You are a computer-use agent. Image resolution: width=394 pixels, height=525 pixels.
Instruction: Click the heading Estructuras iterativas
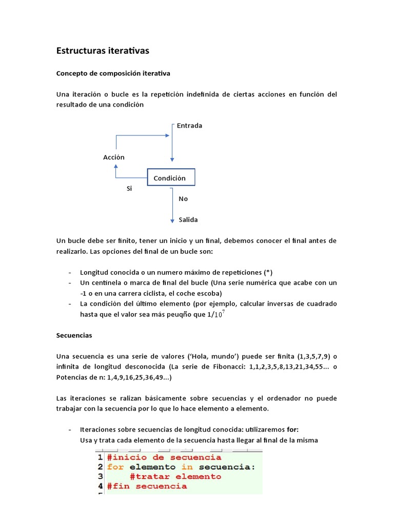click(102, 51)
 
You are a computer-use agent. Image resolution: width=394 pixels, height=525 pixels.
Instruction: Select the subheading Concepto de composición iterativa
click(113, 74)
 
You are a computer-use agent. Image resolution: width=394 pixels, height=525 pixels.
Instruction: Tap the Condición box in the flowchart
click(171, 177)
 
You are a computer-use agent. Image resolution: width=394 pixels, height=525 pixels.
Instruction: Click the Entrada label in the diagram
click(189, 126)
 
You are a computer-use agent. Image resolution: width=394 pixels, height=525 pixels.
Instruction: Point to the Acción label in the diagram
click(114, 157)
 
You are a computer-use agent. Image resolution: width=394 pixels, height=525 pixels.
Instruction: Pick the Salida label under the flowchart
click(188, 219)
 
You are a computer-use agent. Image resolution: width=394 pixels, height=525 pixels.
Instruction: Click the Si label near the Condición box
click(129, 189)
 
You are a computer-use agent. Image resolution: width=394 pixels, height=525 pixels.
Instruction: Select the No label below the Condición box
click(183, 198)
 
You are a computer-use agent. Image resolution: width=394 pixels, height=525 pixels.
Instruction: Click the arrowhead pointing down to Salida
click(172, 220)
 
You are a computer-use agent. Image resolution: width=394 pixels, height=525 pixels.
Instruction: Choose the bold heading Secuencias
click(74, 335)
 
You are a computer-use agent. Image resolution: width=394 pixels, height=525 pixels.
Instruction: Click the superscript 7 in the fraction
click(223, 311)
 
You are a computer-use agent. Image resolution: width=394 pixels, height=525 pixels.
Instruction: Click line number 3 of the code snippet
click(101, 476)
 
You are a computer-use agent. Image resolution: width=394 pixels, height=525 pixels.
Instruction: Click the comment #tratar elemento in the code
click(175, 476)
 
